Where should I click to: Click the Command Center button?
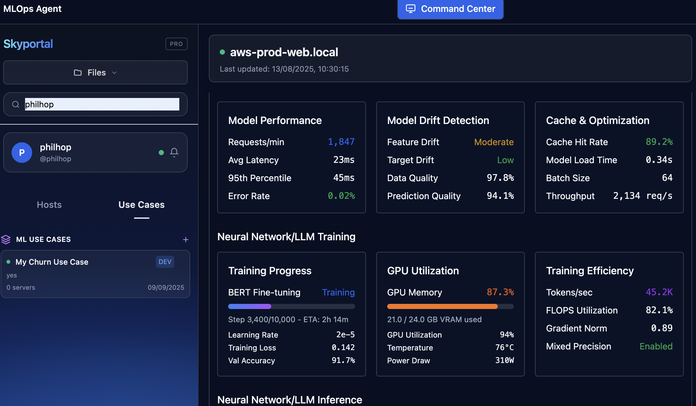point(450,9)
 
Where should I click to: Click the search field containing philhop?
point(102,104)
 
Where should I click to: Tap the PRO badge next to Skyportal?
point(176,44)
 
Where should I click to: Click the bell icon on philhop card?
point(174,152)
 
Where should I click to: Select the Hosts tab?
point(49,205)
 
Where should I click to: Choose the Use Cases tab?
point(141,205)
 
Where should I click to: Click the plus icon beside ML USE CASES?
point(185,240)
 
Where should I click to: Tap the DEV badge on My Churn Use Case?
point(165,262)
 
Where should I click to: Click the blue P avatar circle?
point(22,153)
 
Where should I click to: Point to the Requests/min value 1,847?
point(341,142)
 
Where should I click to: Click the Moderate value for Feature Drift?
point(494,142)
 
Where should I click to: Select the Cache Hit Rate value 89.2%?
point(659,142)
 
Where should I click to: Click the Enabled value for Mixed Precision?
point(656,346)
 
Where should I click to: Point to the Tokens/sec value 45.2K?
point(659,292)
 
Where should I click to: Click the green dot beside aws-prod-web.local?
point(222,52)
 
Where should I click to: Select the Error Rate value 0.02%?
point(341,196)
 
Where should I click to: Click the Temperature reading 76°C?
point(504,348)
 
